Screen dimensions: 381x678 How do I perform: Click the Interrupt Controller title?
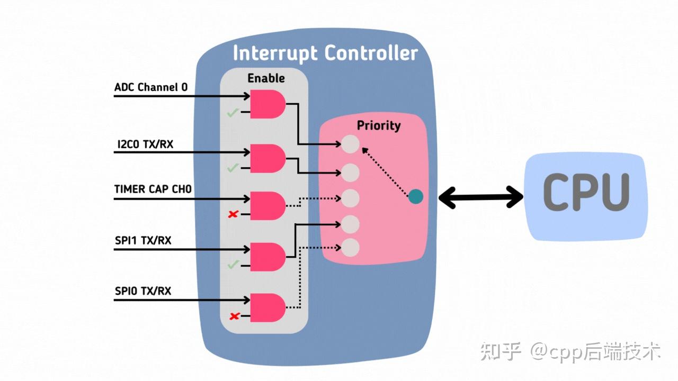(x=325, y=53)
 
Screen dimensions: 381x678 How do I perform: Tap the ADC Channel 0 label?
(x=151, y=87)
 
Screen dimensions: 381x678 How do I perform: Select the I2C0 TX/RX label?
(x=144, y=143)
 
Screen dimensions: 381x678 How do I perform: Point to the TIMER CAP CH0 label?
(x=153, y=189)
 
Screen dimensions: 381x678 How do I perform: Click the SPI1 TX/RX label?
(x=143, y=240)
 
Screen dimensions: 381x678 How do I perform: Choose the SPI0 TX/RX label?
(x=143, y=291)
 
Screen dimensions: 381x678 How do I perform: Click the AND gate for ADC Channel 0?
(x=267, y=104)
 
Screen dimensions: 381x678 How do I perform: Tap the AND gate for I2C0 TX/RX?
(x=267, y=158)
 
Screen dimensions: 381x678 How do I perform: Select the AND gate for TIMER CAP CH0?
(x=267, y=206)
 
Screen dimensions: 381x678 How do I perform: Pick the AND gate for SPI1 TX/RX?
(x=267, y=257)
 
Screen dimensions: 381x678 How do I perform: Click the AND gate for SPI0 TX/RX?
(x=267, y=307)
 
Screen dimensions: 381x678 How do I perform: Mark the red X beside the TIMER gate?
(x=232, y=214)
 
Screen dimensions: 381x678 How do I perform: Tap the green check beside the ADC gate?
(x=232, y=112)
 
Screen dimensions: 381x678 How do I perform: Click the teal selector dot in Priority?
(x=416, y=197)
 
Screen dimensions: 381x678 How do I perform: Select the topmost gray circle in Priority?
(x=350, y=144)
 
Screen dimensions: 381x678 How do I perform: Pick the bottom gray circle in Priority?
(x=350, y=247)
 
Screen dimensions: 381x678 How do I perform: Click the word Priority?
(x=378, y=125)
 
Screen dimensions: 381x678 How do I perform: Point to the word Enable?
(x=266, y=78)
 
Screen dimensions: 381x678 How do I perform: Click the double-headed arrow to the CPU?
(x=481, y=198)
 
